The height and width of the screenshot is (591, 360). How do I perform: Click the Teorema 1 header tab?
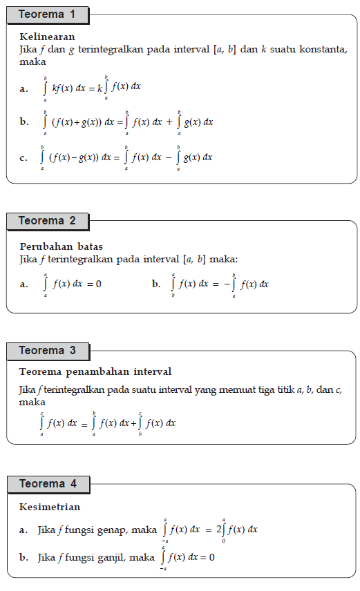coord(48,14)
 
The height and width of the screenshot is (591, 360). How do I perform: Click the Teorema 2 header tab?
coord(48,221)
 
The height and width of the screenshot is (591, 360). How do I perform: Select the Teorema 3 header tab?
coord(48,351)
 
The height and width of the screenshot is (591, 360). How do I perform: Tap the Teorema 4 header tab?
coord(48,484)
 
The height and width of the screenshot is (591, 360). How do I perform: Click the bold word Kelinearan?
coord(48,37)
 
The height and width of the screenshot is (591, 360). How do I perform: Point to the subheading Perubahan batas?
coord(61,246)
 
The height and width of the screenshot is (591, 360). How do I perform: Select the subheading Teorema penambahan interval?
coord(95,372)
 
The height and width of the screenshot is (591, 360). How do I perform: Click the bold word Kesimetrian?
coord(50,507)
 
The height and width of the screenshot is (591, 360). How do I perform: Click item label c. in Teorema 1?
coord(24,158)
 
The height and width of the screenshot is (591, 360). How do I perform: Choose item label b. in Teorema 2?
coord(156,284)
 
